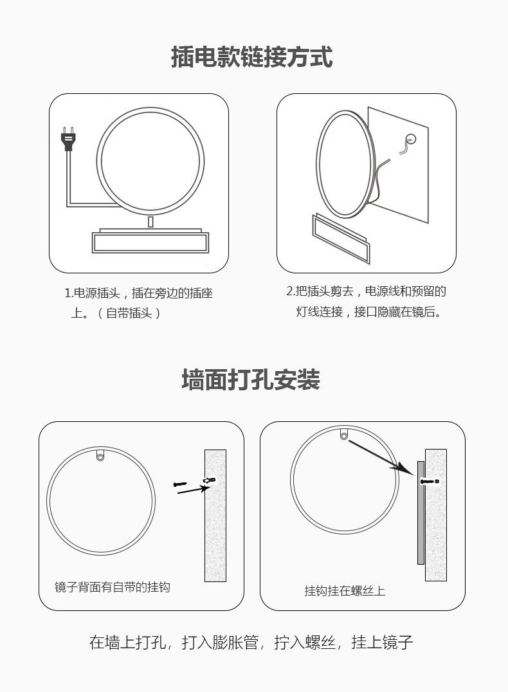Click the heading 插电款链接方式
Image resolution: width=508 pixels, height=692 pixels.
(x=251, y=57)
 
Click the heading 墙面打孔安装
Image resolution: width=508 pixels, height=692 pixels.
(x=251, y=379)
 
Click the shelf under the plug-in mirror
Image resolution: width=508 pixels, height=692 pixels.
(x=150, y=241)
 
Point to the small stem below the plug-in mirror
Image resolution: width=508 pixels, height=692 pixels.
(x=150, y=221)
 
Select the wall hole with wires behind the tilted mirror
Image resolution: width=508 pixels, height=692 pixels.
(x=410, y=138)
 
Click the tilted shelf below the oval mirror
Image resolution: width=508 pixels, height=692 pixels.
(x=341, y=239)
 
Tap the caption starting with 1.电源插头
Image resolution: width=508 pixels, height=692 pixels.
(x=139, y=303)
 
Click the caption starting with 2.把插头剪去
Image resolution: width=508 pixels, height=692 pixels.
(x=367, y=302)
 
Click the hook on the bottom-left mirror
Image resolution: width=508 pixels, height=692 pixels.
(x=100, y=455)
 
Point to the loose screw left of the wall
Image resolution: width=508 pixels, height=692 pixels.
(x=180, y=484)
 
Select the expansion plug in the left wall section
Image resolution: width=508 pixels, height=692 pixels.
(x=209, y=480)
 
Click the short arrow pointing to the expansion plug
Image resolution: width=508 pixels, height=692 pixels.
(x=194, y=489)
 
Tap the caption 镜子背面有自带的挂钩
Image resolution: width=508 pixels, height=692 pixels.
(x=112, y=587)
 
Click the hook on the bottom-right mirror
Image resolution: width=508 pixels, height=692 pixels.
(x=344, y=434)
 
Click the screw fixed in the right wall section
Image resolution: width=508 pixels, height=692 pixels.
(x=430, y=481)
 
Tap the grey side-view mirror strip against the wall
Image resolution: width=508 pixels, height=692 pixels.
(x=421, y=513)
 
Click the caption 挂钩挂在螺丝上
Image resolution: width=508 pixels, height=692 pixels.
(x=345, y=590)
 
